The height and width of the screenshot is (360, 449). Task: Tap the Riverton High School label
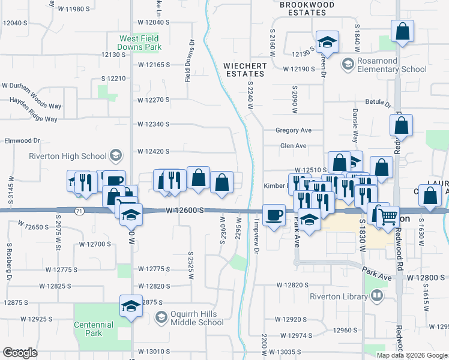pyautogui.click(x=68, y=157)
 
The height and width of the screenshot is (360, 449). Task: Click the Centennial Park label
pyautogui.click(x=94, y=329)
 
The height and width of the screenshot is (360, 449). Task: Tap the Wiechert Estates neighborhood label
pyautogui.click(x=244, y=69)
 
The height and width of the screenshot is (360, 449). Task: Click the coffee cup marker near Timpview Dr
pyautogui.click(x=274, y=215)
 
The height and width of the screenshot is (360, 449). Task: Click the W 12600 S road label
pyautogui.click(x=185, y=211)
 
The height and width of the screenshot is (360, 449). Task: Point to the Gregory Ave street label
pyautogui.click(x=294, y=130)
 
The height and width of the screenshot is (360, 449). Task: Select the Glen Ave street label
pyautogui.click(x=294, y=146)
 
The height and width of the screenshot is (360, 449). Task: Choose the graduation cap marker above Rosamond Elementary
pyautogui.click(x=327, y=42)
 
